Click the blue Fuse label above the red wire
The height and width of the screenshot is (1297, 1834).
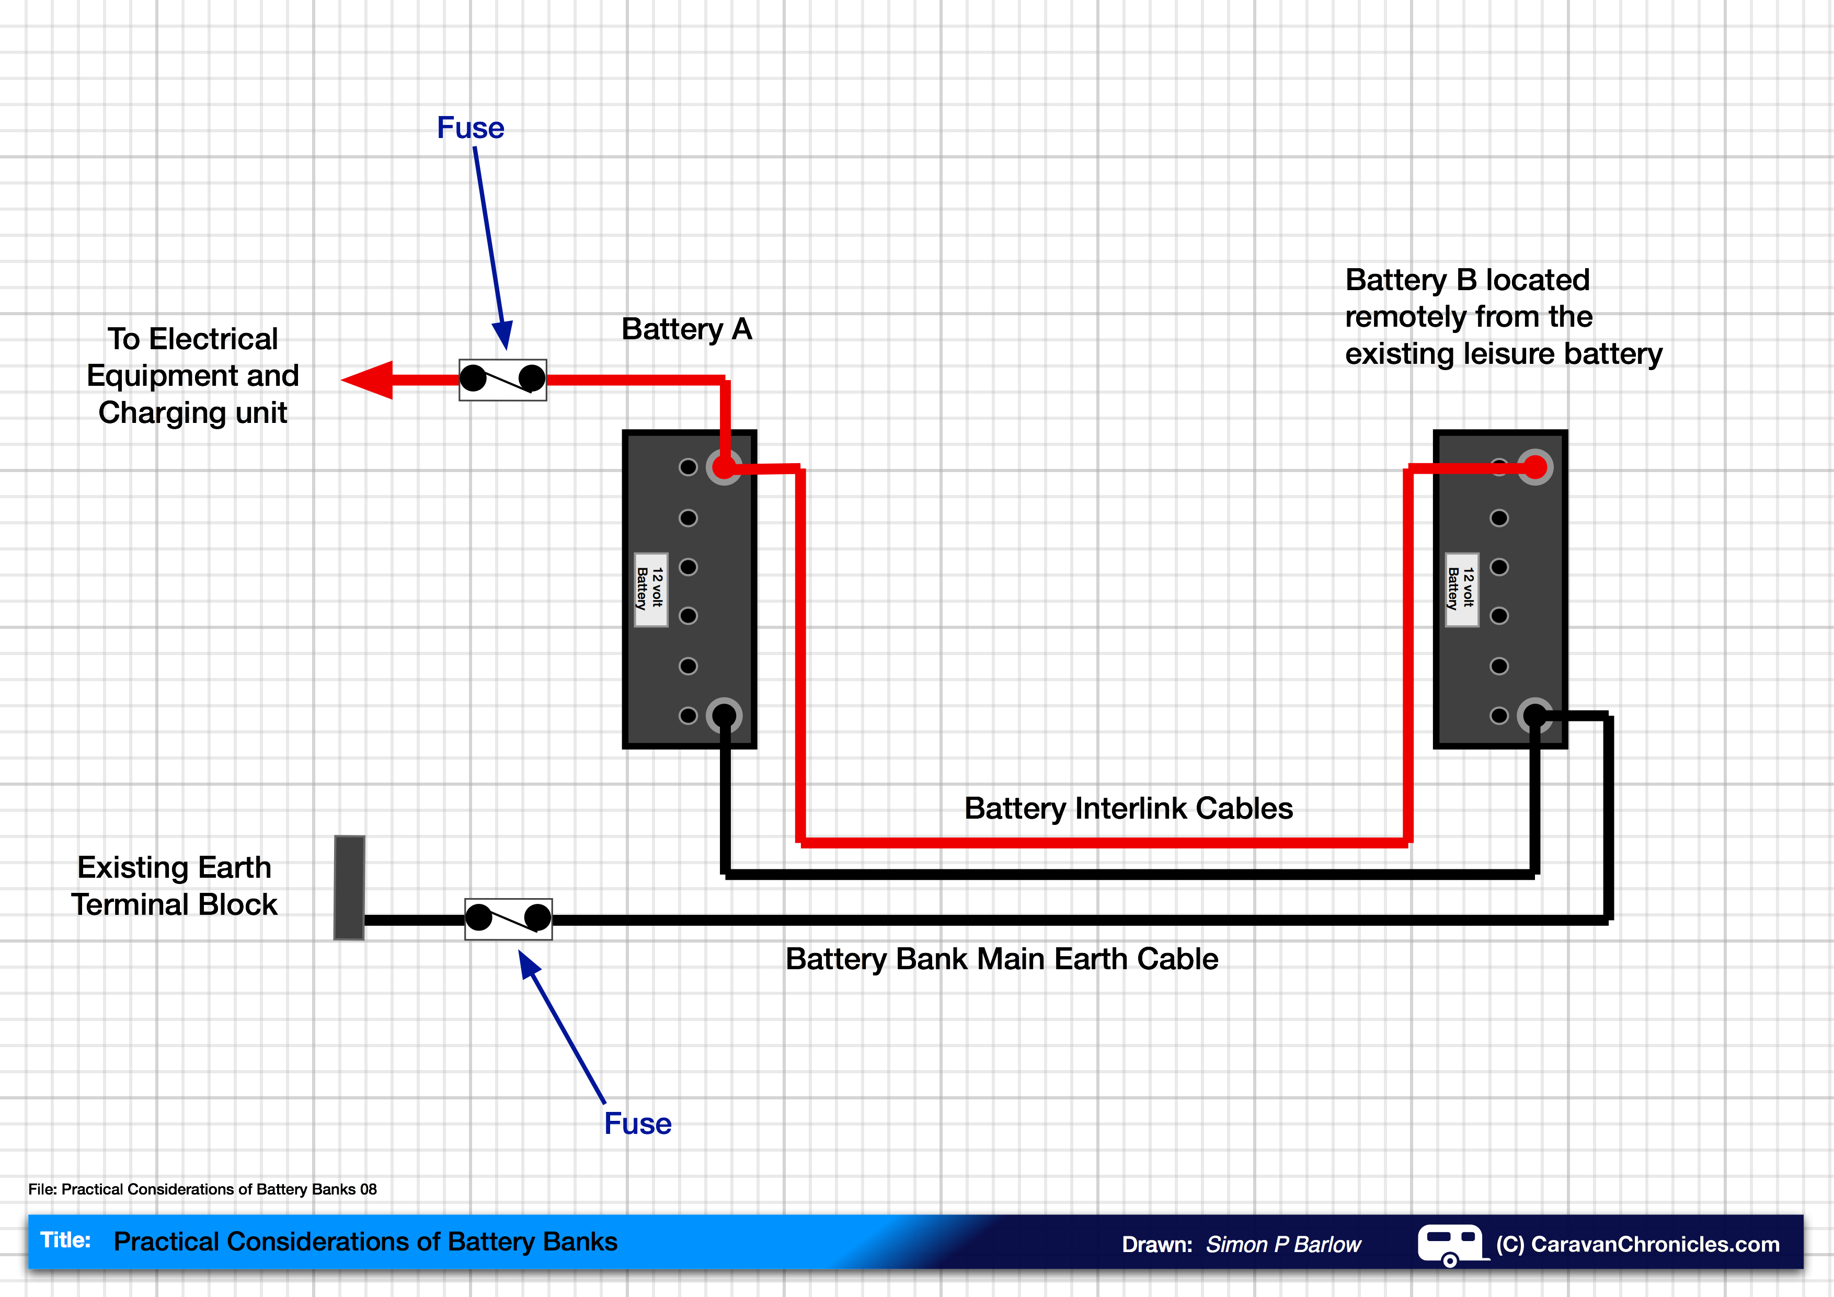coord(471,128)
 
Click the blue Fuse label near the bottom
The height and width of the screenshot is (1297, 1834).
coord(637,1123)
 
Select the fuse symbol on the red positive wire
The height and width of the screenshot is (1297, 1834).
coord(502,380)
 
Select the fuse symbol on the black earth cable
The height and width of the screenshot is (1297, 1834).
coord(508,919)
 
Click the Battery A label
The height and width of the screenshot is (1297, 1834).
coord(686,329)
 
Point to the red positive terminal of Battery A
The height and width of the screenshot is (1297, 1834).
coord(724,467)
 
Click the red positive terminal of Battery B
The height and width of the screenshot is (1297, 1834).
coord(1534,467)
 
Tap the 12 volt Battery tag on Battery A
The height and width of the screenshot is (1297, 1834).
coord(650,589)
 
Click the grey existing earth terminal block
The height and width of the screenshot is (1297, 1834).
coord(349,887)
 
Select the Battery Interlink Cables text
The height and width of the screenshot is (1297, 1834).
coord(1128,808)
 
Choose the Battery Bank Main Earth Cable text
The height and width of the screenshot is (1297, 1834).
coord(1002,958)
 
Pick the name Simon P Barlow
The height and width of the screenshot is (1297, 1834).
coord(1283,1244)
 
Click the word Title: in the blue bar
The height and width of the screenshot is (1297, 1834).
coord(65,1241)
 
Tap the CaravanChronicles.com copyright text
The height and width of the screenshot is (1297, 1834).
coord(1637,1244)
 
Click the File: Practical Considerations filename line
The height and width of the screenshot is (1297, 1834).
coord(202,1189)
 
